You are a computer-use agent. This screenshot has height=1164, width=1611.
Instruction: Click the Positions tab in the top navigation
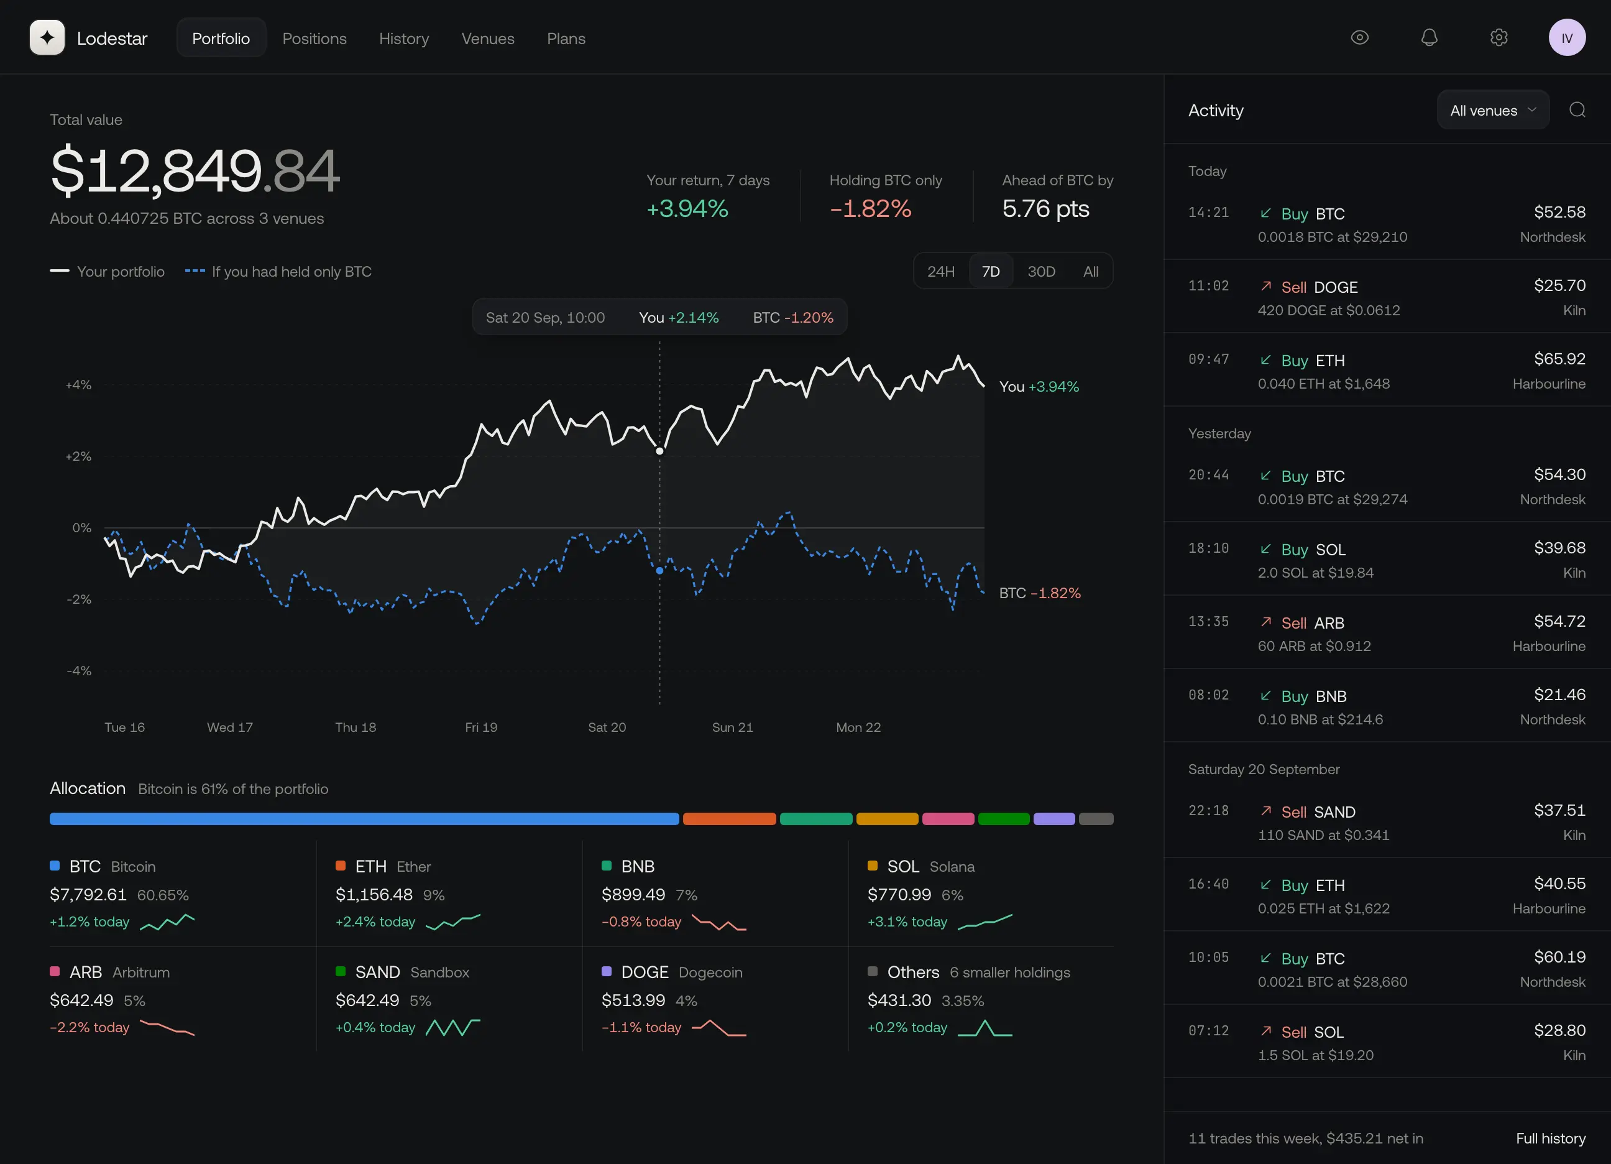point(314,39)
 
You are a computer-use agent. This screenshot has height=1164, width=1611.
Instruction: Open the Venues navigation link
point(487,39)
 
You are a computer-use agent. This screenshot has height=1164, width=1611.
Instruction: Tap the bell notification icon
point(1429,38)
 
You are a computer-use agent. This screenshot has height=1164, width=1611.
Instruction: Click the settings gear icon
point(1499,38)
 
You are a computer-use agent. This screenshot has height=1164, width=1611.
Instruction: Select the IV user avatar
point(1567,38)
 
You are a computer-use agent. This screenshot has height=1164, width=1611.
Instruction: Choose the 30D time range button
point(1040,272)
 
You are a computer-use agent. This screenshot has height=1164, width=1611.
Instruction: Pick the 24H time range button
point(940,272)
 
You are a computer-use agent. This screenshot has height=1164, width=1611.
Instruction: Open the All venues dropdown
point(1492,110)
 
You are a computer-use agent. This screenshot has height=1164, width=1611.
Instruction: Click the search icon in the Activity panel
point(1577,110)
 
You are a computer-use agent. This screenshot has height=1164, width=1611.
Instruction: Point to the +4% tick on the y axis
point(78,385)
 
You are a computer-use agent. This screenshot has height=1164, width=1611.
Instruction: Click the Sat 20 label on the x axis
point(607,727)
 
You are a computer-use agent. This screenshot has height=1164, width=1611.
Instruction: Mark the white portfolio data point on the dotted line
point(659,451)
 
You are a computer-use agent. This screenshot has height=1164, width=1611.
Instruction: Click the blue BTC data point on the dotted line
point(659,571)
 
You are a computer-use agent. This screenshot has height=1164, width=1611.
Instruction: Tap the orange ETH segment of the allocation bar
point(729,819)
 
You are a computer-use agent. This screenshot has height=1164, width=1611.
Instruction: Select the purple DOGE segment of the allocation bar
point(1053,819)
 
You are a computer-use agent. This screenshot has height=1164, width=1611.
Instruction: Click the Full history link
point(1550,1139)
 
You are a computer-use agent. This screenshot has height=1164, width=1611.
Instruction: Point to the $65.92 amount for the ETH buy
point(1559,359)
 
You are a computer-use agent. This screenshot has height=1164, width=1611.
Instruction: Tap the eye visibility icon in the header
point(1359,38)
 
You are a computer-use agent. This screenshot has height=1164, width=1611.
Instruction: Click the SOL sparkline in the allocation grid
point(984,921)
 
